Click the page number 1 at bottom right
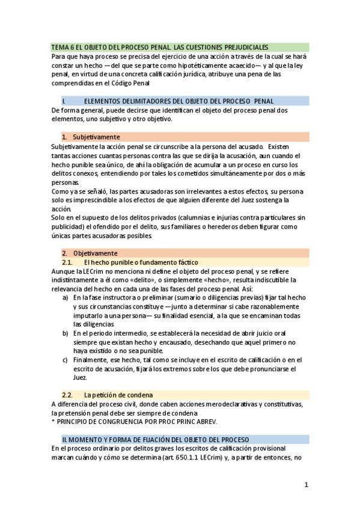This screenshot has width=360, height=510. tap(306, 485)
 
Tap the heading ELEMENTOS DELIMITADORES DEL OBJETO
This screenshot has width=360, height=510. tap(178, 101)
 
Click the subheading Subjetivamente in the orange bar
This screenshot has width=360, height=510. tap(100, 137)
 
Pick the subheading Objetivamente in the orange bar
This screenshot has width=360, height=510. tap(99, 253)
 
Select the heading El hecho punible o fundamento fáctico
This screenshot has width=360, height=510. tap(141, 262)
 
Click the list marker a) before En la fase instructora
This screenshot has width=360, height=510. tap(66, 297)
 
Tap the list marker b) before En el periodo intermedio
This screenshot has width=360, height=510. tap(66, 333)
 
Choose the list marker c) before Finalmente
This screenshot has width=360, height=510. tap(66, 360)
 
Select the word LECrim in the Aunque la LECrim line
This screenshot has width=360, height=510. tap(94, 271)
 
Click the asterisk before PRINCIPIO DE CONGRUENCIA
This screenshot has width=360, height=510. tap(53, 422)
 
